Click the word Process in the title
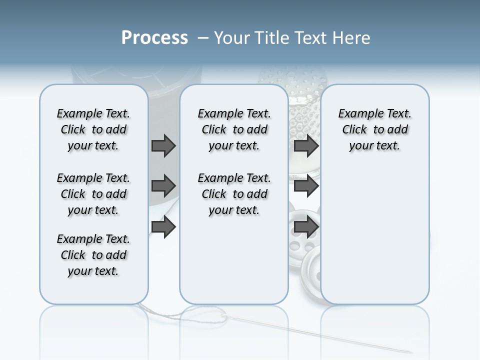[154, 38]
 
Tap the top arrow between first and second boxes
[163, 145]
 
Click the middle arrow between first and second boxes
[163, 186]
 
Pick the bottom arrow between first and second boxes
[163, 227]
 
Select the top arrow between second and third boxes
[306, 145]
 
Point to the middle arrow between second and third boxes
[306, 186]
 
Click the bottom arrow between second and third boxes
[306, 227]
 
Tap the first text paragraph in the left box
[93, 129]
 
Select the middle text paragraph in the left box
[93, 194]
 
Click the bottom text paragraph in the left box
[93, 255]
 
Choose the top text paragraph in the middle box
[234, 129]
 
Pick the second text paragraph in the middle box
[234, 194]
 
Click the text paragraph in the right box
[374, 129]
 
